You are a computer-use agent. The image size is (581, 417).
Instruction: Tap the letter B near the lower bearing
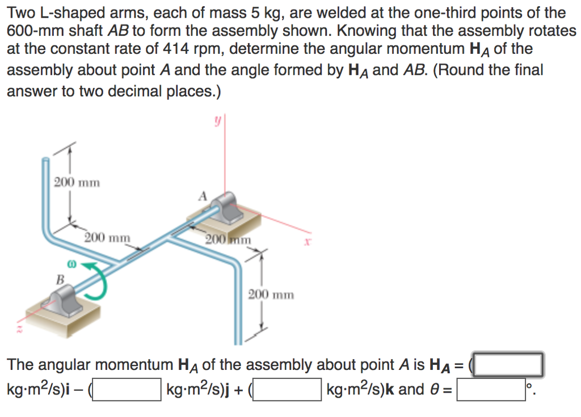(x=59, y=278)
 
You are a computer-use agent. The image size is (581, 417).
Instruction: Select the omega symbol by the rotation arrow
(x=73, y=265)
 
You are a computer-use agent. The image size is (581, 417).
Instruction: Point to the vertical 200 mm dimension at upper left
(x=77, y=183)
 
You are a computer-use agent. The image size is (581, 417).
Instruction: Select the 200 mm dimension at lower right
(x=271, y=294)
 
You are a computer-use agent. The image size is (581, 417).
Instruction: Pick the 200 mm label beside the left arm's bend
(x=107, y=237)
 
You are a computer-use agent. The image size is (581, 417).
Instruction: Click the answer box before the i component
(x=509, y=364)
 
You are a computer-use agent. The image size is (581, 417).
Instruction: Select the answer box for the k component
(x=287, y=390)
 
